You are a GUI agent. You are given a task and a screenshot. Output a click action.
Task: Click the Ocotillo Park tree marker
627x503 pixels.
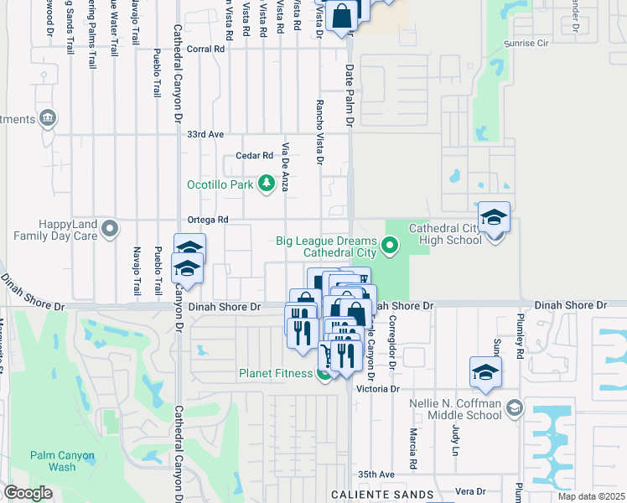tap(267, 183)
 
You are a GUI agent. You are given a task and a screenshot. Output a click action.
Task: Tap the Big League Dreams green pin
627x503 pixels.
tap(389, 246)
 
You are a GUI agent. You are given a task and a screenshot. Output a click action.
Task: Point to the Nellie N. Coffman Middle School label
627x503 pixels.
tap(455, 409)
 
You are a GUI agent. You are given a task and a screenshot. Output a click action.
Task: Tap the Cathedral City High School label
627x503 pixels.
tap(444, 234)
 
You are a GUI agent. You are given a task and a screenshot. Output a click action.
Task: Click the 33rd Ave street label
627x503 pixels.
tap(206, 134)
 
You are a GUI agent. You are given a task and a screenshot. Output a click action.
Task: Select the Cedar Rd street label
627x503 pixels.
tap(255, 156)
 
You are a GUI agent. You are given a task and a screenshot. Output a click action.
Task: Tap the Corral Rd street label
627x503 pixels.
tap(206, 49)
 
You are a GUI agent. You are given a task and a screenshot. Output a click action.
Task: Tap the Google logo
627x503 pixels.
tap(28, 493)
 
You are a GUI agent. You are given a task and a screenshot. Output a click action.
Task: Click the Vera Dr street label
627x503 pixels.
tap(470, 491)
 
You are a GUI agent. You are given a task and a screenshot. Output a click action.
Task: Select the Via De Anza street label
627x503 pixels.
tap(286, 166)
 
